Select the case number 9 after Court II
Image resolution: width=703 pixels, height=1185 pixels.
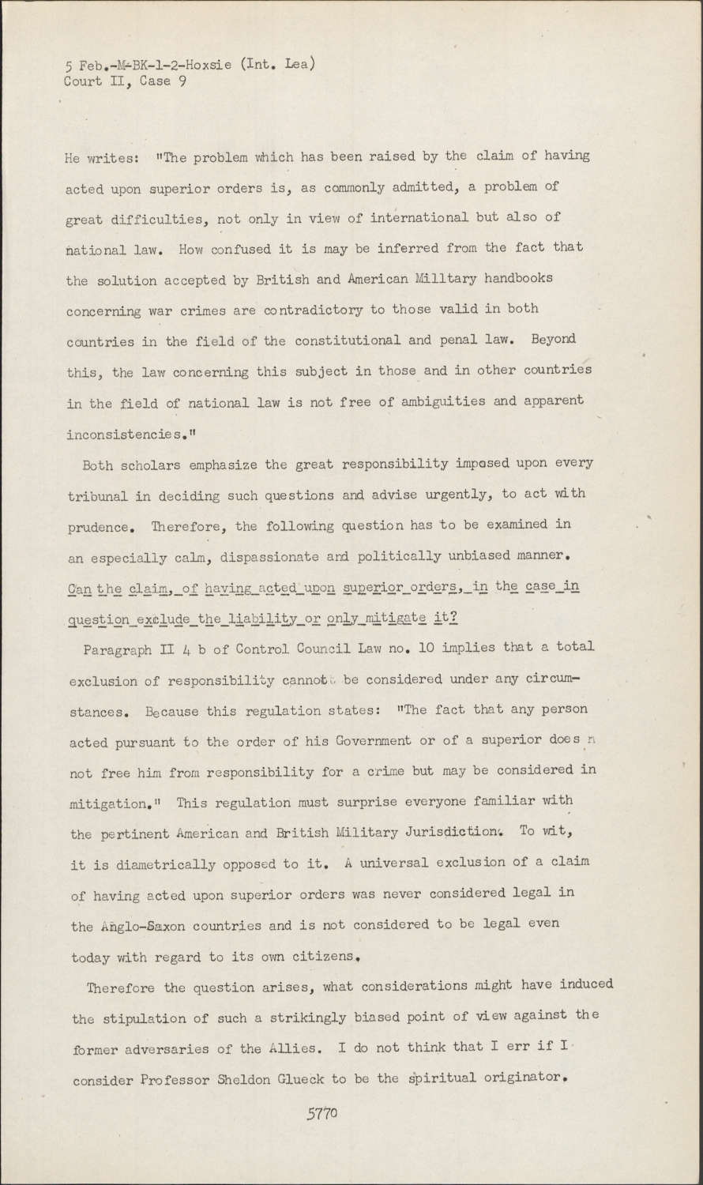click(182, 81)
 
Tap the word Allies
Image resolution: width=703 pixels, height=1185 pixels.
click(291, 1049)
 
